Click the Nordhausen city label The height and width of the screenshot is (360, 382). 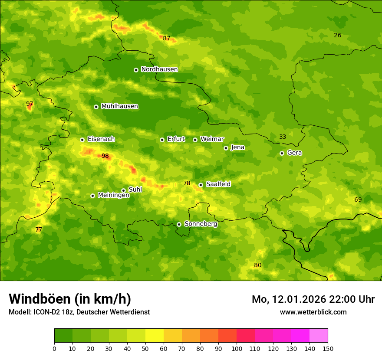click(x=159, y=69)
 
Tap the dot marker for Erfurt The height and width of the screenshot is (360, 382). click(x=162, y=140)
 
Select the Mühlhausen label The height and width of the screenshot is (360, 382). click(x=119, y=106)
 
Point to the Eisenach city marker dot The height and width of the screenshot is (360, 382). click(x=82, y=140)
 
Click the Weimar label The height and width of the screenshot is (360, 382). click(x=212, y=139)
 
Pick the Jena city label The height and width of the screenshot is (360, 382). click(x=237, y=147)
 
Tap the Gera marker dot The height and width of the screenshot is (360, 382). click(x=282, y=153)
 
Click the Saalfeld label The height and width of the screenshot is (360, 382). click(x=218, y=184)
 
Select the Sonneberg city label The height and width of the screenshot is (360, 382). click(x=201, y=224)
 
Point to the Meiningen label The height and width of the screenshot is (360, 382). click(x=113, y=196)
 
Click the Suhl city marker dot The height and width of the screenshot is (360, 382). click(x=123, y=190)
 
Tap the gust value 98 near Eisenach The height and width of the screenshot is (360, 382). click(x=105, y=156)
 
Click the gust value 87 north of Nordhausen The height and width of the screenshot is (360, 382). click(x=167, y=38)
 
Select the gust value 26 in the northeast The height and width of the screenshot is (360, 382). click(x=338, y=35)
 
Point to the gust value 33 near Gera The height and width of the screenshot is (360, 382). click(x=283, y=137)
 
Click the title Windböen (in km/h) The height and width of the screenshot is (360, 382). click(x=69, y=299)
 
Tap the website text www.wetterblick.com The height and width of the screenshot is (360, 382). click(x=313, y=312)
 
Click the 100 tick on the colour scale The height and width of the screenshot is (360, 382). click(x=237, y=348)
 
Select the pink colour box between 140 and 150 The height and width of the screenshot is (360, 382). click(x=319, y=335)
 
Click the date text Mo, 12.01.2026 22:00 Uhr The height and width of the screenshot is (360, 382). click(x=313, y=299)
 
